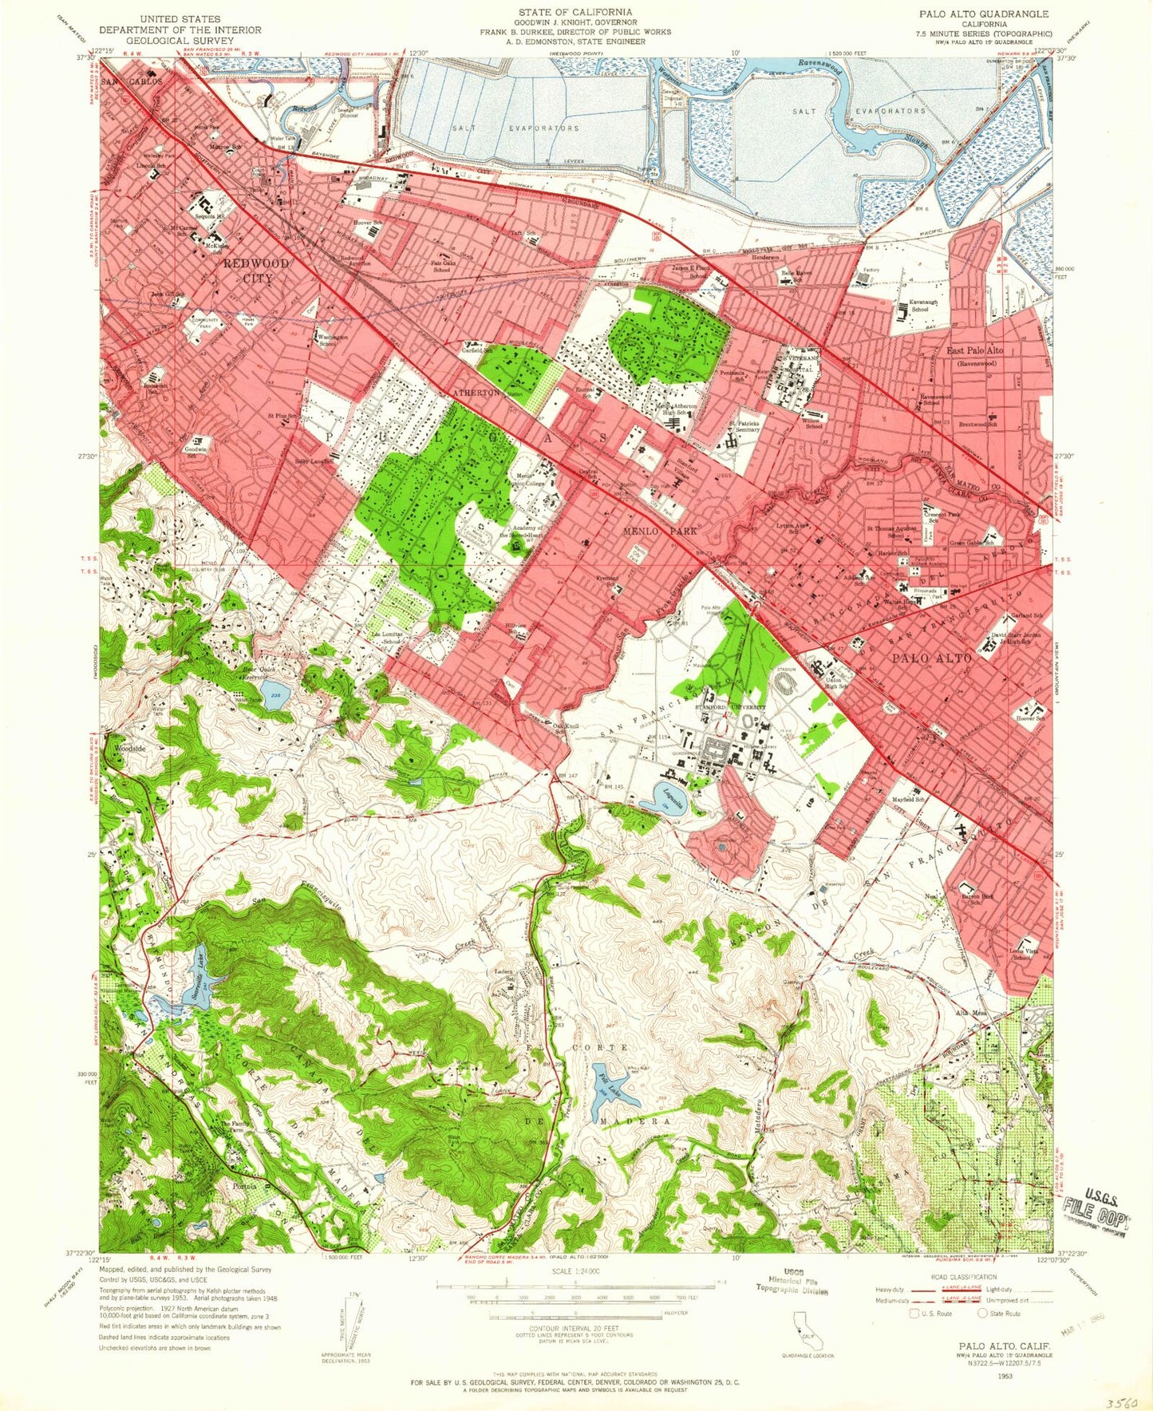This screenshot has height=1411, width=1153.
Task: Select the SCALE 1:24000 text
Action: point(575,1270)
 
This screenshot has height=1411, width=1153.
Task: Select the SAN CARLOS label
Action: point(132,82)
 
